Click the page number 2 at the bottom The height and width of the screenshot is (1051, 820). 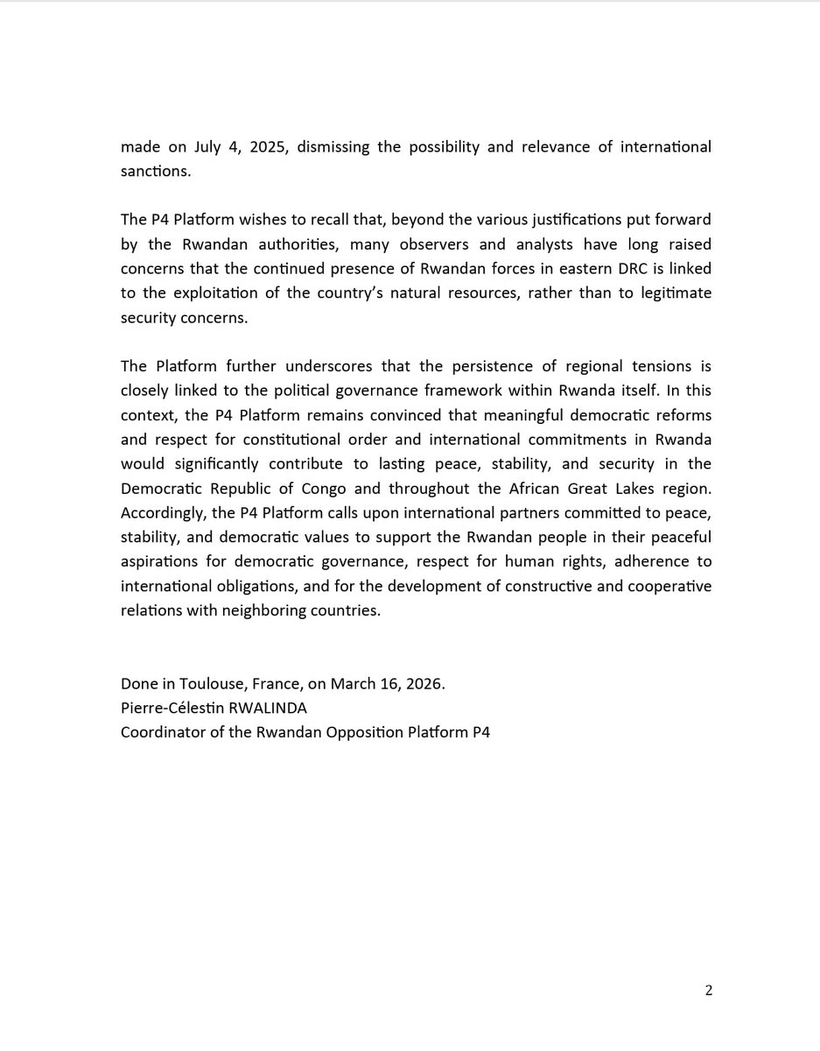point(708,991)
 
